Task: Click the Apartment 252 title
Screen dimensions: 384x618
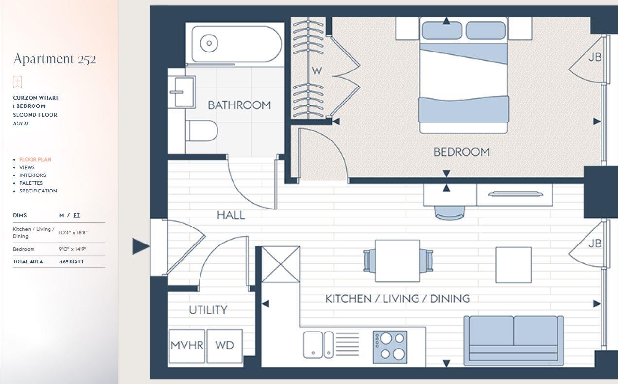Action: [54, 59]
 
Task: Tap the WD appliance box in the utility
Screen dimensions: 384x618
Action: [224, 345]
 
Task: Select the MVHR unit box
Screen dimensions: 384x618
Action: [187, 345]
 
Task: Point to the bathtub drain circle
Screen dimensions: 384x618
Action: [209, 43]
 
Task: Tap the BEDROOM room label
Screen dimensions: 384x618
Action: [461, 152]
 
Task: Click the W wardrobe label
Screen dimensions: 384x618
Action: [317, 71]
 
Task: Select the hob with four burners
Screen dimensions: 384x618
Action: [390, 347]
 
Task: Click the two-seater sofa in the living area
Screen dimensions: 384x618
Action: [514, 340]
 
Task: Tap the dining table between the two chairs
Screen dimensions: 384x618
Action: [398, 261]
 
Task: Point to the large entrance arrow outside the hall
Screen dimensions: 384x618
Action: [141, 246]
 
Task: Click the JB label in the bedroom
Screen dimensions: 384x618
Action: [595, 57]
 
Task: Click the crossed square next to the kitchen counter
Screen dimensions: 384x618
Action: [281, 264]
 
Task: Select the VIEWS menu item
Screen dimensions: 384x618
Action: [27, 167]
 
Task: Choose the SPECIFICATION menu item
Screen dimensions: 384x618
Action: [38, 191]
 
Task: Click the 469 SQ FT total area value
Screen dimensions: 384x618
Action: [71, 262]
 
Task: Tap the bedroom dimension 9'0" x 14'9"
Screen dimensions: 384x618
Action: [72, 249]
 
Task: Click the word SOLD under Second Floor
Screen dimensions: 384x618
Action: [20, 123]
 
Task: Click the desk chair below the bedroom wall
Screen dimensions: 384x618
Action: [450, 212]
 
